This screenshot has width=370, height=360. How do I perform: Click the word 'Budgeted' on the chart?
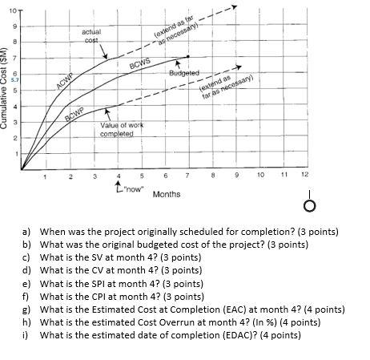[x=183, y=74]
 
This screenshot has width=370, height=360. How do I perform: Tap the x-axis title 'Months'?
[x=166, y=194]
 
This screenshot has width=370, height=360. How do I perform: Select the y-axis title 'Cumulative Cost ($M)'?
[x=6, y=92]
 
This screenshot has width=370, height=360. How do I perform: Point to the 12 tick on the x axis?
[x=304, y=174]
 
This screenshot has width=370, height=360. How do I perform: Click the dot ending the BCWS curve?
[x=187, y=57]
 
